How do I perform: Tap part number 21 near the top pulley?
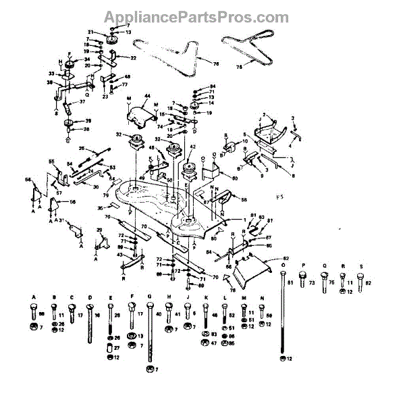(90, 32)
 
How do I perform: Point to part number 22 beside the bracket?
(133, 58)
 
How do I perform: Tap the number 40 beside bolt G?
(159, 314)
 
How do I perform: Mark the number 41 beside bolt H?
(177, 315)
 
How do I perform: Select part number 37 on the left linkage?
(83, 102)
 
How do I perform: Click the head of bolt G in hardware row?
(148, 307)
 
